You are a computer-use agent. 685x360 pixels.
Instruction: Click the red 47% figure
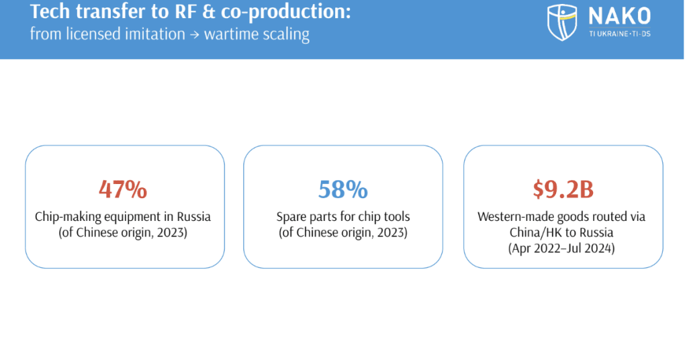123,190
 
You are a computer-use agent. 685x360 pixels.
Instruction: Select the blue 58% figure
342,190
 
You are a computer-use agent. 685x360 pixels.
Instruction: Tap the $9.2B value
563,190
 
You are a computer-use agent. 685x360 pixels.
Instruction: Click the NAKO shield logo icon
561,22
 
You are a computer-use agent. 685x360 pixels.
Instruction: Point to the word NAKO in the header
619,17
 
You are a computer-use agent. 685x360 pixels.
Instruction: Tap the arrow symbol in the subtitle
190,34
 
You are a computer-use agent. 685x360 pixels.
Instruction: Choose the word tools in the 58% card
396,217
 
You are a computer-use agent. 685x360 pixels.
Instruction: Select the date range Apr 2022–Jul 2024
563,246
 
